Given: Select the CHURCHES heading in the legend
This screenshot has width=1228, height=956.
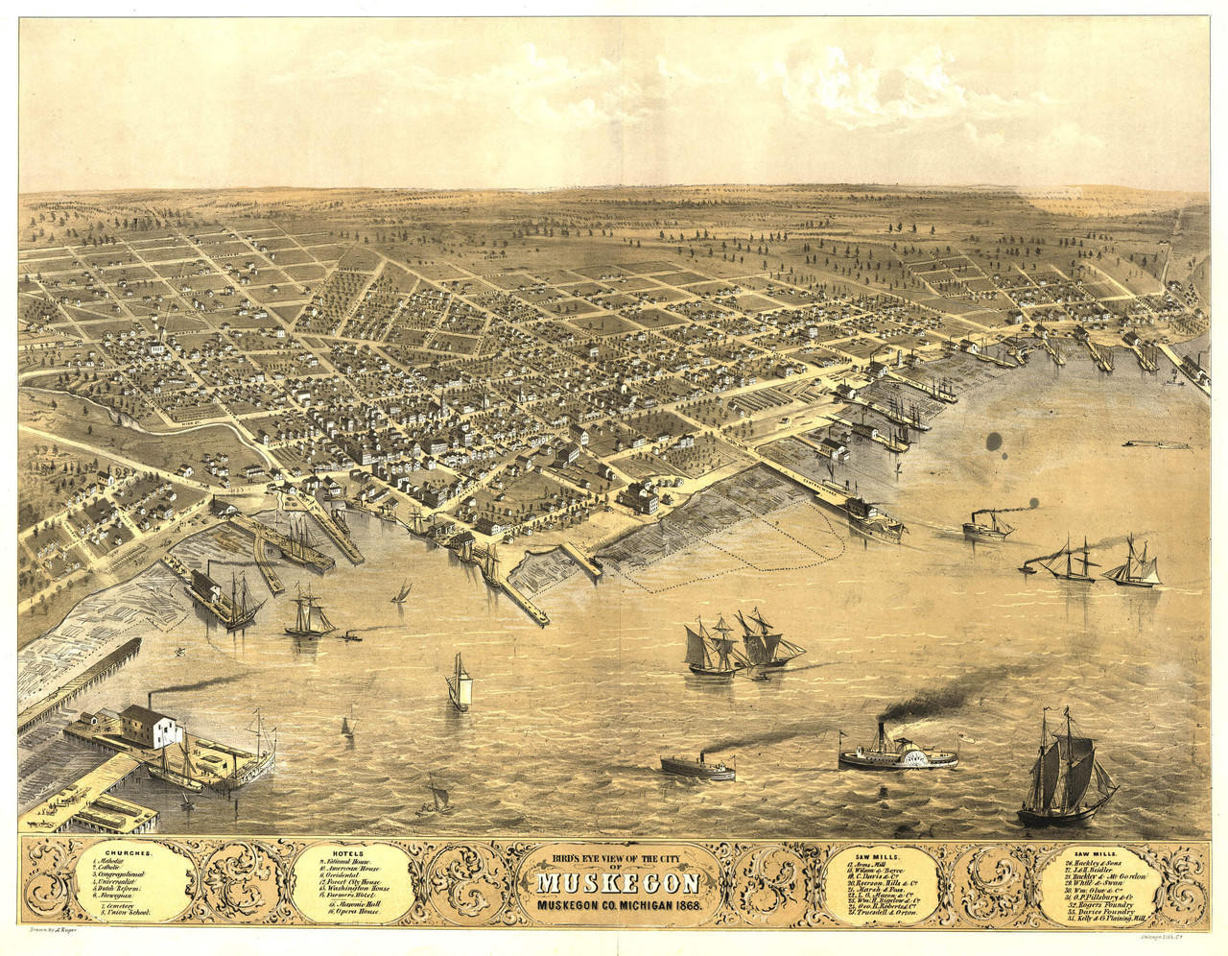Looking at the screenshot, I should pos(130,852).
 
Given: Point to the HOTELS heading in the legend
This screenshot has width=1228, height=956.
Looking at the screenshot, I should pos(347,852).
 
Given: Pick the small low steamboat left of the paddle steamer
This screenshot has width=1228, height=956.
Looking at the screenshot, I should pos(697,766).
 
